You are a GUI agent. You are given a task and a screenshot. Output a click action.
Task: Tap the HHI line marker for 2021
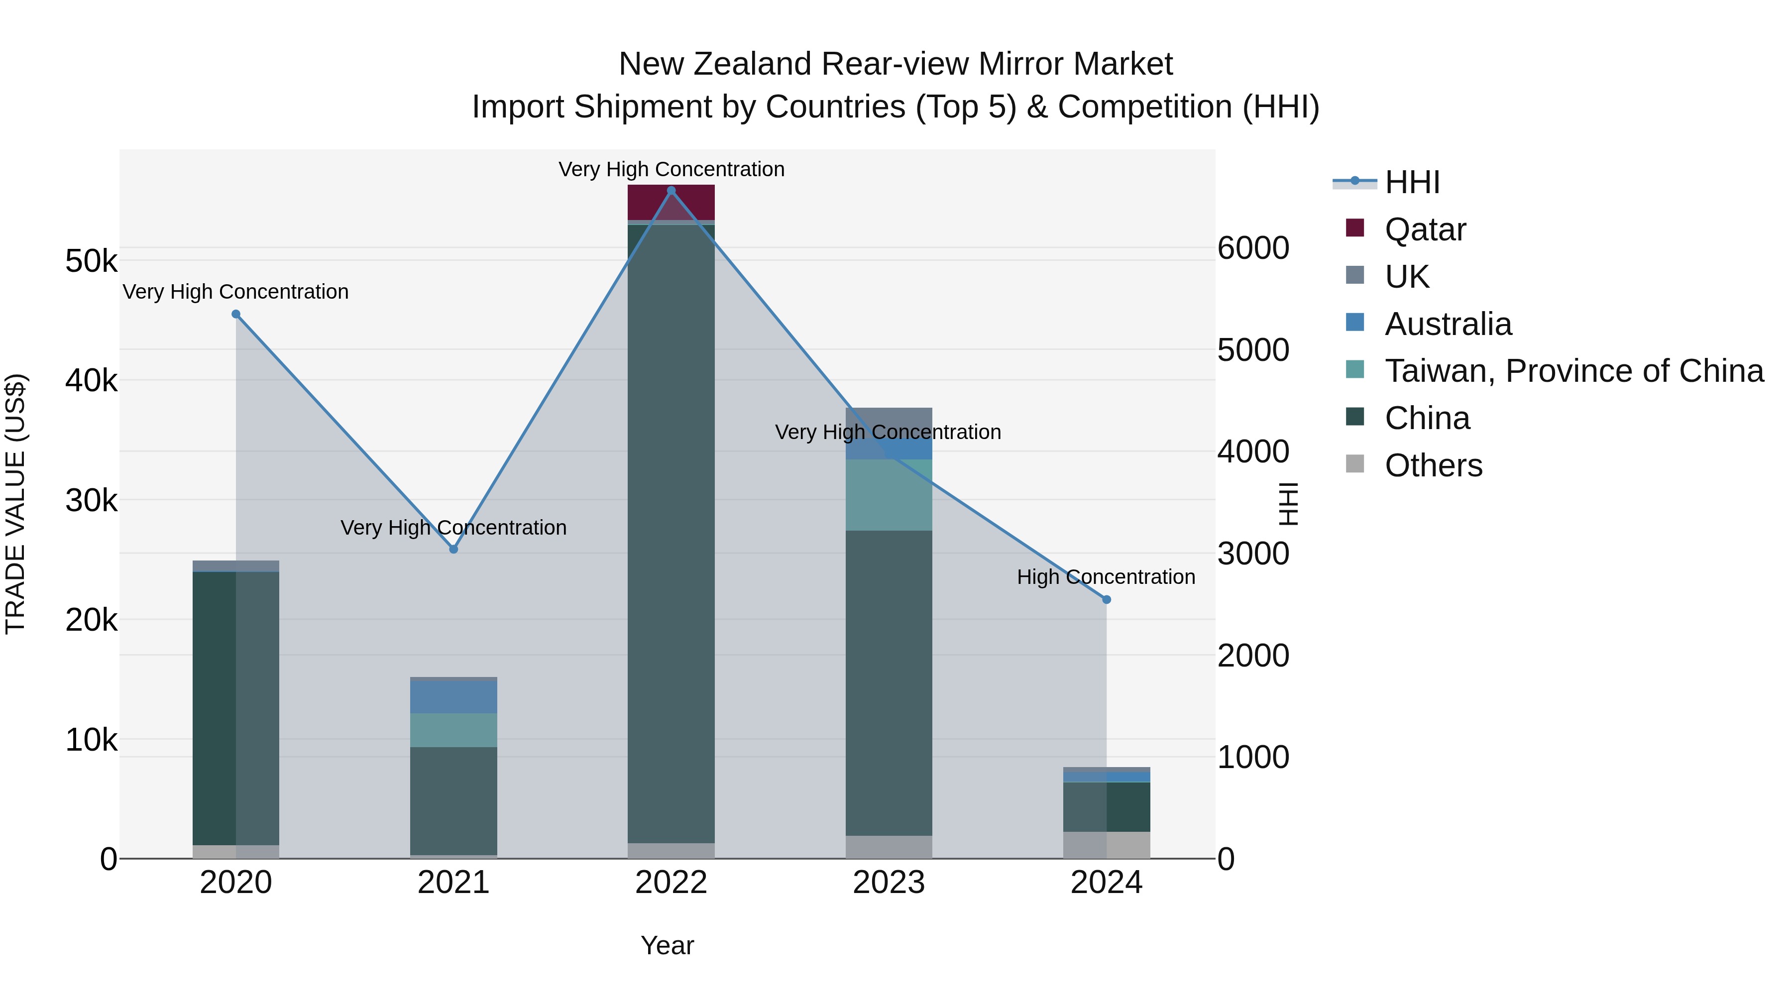[x=453, y=549]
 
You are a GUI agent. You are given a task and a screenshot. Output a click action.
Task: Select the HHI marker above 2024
[x=1106, y=600]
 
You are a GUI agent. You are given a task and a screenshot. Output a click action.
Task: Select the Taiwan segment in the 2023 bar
[x=889, y=495]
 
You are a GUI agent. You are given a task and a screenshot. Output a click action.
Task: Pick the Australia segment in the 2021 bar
[x=453, y=696]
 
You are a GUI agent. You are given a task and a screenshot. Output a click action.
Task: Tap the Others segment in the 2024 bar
[x=1106, y=845]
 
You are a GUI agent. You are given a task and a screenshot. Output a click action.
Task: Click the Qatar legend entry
[x=1425, y=229]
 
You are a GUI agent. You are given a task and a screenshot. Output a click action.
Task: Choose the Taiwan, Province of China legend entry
[x=1573, y=371]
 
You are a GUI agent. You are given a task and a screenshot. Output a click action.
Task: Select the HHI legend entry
[x=1412, y=182]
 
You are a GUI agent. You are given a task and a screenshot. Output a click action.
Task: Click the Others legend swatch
[x=1354, y=464]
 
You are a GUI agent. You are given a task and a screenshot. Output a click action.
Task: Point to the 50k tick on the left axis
[x=91, y=261]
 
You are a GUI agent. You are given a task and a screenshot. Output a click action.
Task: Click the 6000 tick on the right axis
[x=1253, y=248]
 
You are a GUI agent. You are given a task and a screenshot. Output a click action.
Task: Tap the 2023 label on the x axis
[x=889, y=883]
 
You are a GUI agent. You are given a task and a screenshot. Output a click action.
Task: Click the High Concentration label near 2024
[x=1106, y=577]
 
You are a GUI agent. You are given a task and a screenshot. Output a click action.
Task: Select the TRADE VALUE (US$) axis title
[x=15, y=504]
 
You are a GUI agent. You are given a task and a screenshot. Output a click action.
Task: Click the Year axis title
[x=667, y=945]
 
